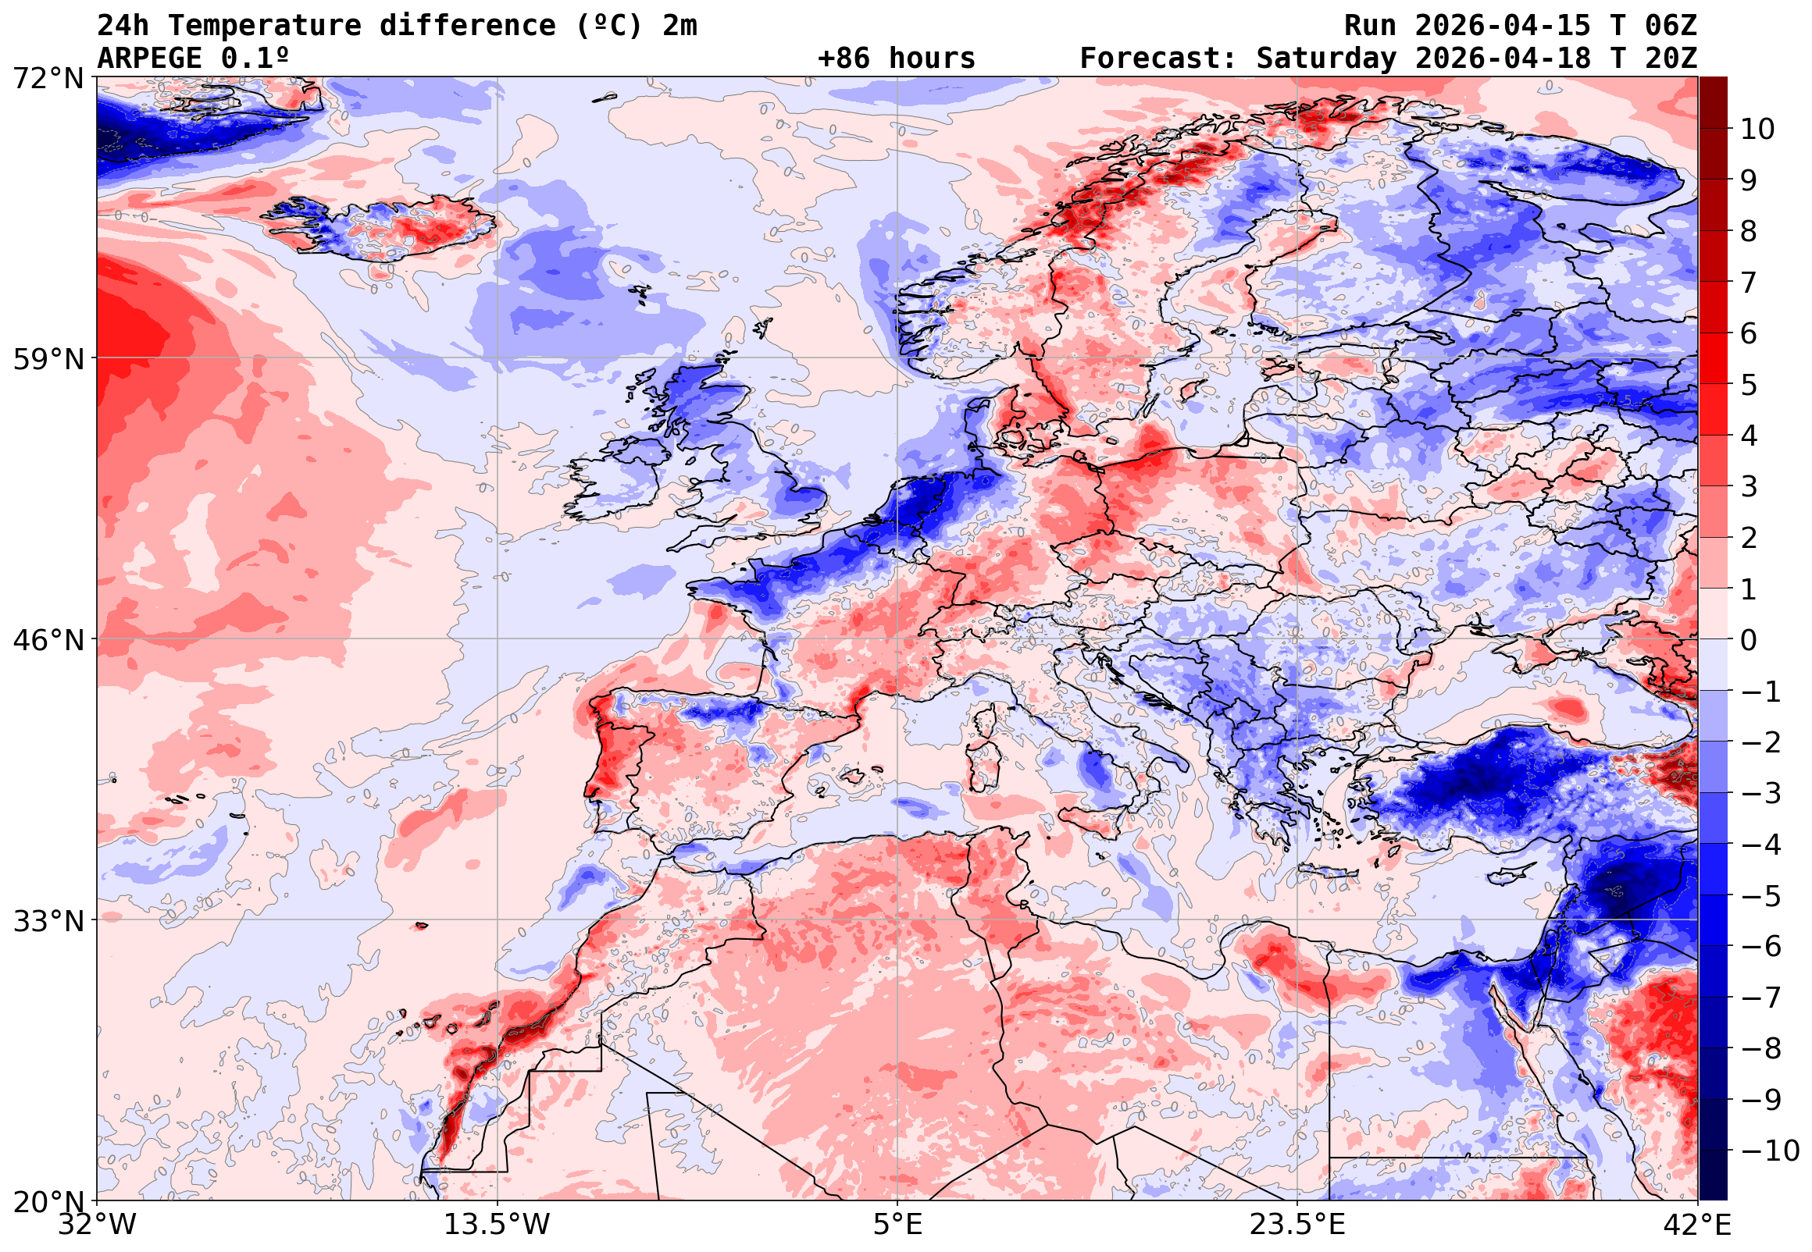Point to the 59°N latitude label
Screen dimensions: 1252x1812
48,359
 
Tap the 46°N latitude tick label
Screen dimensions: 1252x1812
48,640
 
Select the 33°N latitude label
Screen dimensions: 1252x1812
48,920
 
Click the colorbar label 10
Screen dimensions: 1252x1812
1757,130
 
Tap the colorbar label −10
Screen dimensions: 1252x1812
1770,1151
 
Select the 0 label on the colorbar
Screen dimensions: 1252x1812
1749,640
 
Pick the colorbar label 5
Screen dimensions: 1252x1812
1749,385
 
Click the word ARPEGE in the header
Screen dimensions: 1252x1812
150,58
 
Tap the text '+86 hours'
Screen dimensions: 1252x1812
896,58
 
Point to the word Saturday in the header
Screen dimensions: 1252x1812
1326,58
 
